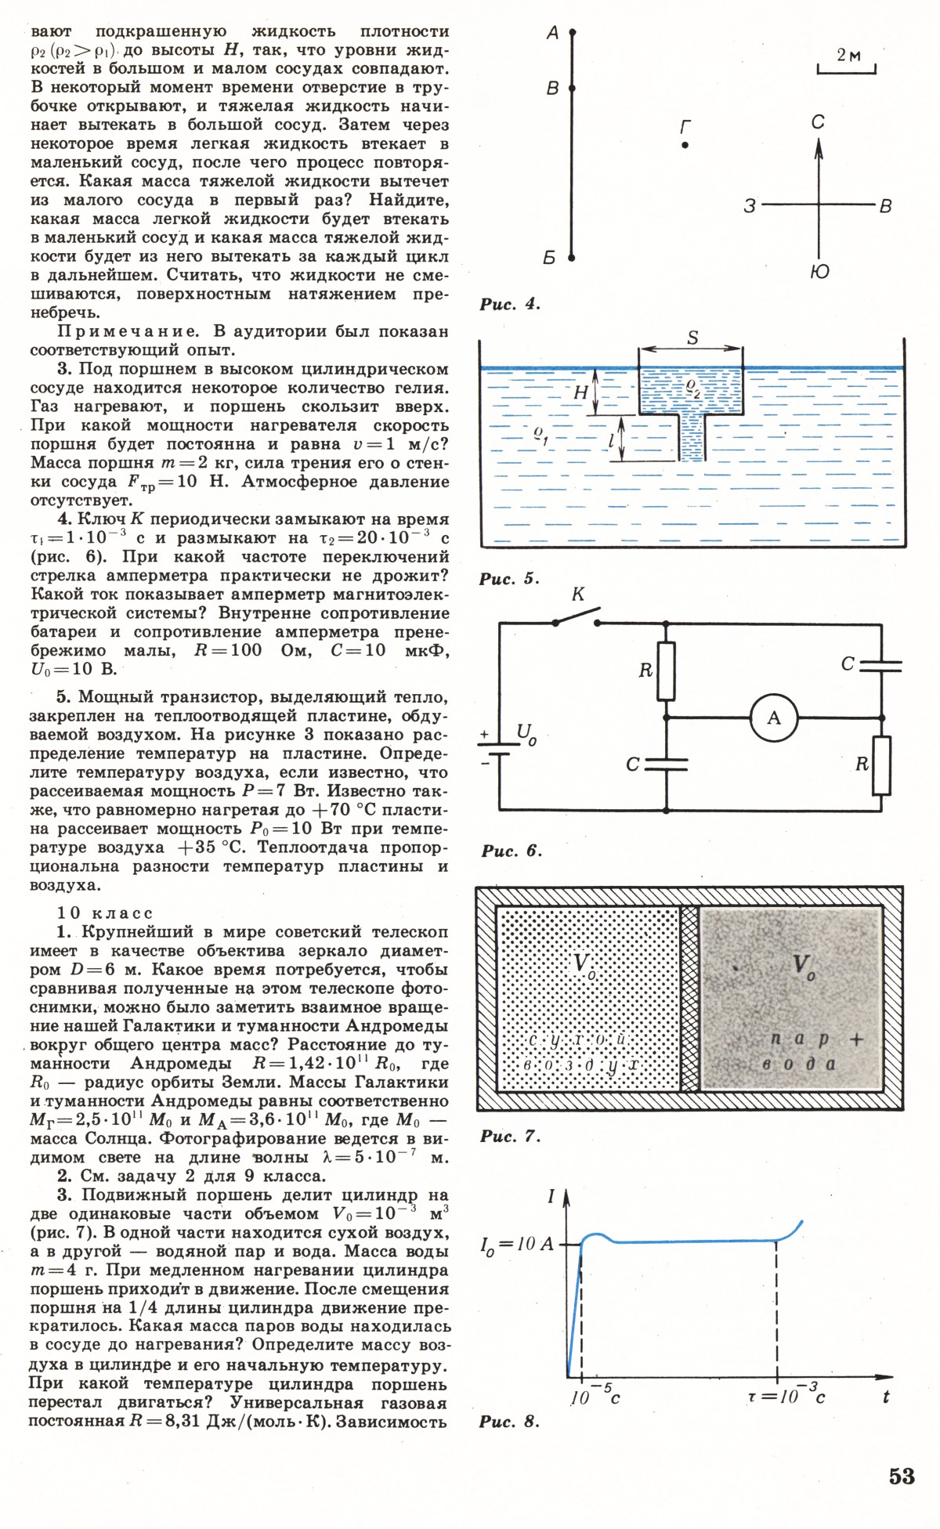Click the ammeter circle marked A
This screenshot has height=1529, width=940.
[773, 718]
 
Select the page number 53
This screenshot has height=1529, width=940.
[902, 1476]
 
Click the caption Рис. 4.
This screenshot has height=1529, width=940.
[510, 304]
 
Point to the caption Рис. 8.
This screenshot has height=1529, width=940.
[509, 1422]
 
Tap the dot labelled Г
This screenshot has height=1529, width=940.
[685, 145]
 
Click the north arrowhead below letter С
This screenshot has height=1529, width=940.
[819, 148]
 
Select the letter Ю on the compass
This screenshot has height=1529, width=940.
[819, 271]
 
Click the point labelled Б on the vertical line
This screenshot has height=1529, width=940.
[572, 257]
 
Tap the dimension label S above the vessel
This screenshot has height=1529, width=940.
[692, 338]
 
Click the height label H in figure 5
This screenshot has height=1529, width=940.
[581, 392]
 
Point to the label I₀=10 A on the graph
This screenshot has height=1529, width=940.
[516, 1243]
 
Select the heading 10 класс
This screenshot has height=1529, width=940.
[105, 913]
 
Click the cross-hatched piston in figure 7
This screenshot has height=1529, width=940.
[689, 998]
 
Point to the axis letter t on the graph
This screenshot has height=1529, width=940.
[886, 1396]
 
